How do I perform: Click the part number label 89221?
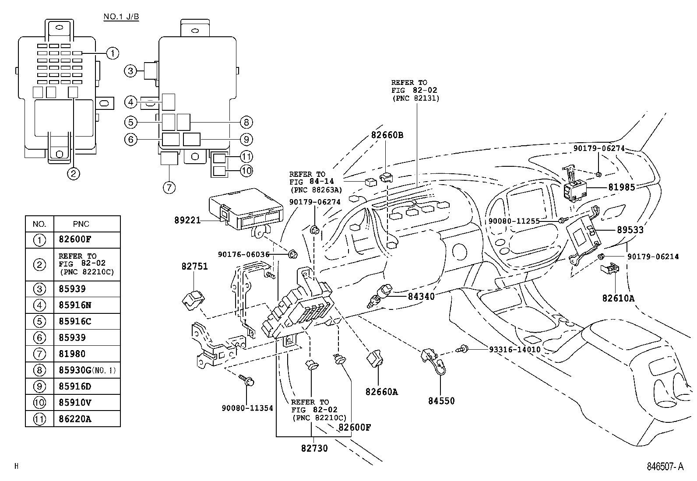tap(187, 221)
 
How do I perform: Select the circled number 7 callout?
tap(169, 188)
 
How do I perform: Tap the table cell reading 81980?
tap(72, 354)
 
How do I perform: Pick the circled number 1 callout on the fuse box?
tap(113, 53)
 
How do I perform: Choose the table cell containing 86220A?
tap(75, 419)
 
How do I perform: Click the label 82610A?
tap(618, 298)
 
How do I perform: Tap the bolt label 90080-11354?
tap(247, 408)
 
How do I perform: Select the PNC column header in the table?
tap(81, 224)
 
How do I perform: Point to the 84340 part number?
tap(421, 296)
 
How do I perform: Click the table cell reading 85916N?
tap(75, 305)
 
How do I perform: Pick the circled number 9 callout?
tap(246, 140)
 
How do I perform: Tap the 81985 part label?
tap(621, 187)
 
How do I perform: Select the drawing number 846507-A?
tap(665, 467)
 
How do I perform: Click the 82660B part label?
tap(387, 135)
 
